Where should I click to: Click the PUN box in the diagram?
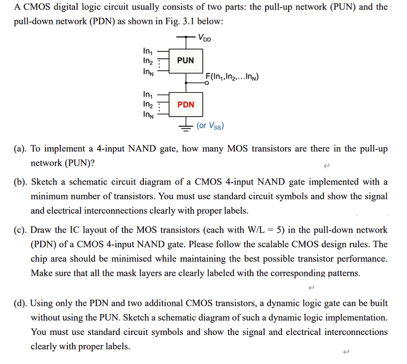click(x=185, y=60)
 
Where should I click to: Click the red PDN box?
click(x=185, y=105)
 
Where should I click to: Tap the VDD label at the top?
click(x=205, y=39)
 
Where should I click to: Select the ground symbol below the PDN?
click(x=186, y=126)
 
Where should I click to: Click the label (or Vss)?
click(x=210, y=125)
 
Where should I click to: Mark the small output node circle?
click(x=206, y=83)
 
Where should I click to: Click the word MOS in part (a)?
click(x=237, y=149)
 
